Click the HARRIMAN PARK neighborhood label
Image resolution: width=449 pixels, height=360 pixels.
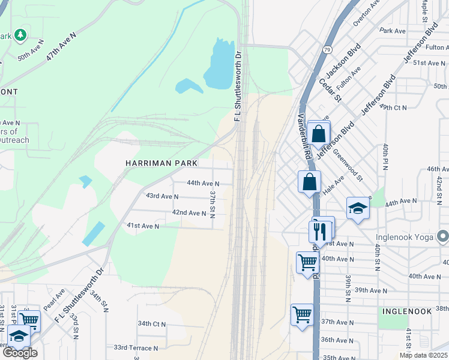[x=161, y=163]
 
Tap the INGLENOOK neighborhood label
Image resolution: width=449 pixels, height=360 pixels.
[x=406, y=311]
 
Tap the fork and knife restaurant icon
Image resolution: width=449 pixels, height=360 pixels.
[x=319, y=230]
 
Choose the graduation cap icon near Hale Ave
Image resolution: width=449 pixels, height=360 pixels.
[x=358, y=208]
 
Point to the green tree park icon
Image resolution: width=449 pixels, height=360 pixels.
[x=20, y=35]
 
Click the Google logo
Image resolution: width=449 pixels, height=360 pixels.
[x=20, y=352]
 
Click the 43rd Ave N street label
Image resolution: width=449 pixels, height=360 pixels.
[x=162, y=196]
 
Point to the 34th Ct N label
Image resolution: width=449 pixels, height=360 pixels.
[x=151, y=323]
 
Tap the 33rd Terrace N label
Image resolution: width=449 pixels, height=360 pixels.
[x=136, y=347]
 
